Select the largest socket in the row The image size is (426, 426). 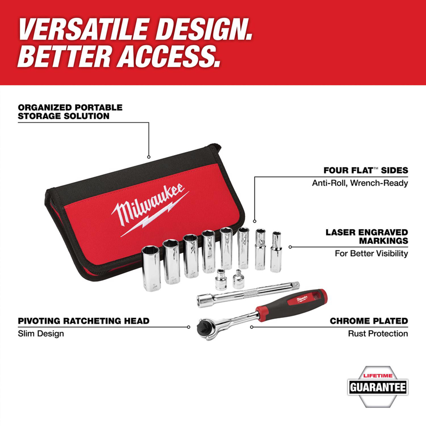click(x=152, y=268)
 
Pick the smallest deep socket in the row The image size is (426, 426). click(x=276, y=252)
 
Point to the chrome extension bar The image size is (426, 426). click(x=248, y=294)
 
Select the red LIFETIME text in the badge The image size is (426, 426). click(x=378, y=376)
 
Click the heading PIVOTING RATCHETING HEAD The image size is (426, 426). click(x=83, y=321)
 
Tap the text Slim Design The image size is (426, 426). click(x=41, y=333)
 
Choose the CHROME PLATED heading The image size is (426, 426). click(x=369, y=321)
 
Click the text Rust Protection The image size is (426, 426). click(x=378, y=333)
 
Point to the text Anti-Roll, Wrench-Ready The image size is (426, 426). click(x=360, y=183)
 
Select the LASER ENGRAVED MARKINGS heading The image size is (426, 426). click(x=367, y=236)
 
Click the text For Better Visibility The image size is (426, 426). click(x=371, y=253)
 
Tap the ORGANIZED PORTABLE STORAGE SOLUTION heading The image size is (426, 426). click(x=70, y=111)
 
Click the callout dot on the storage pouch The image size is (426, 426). click(x=149, y=157)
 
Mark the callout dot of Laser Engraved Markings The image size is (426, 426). click(x=290, y=247)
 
